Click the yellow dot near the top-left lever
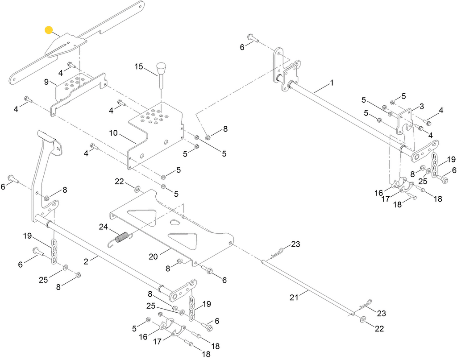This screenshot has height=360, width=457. point(49,30)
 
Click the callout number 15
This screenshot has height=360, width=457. point(139,66)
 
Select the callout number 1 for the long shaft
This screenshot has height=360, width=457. point(332,83)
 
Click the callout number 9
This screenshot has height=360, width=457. point(46,82)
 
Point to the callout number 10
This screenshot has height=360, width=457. point(114,132)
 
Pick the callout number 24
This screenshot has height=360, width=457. point(104,227)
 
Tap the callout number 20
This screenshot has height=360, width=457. point(153,257)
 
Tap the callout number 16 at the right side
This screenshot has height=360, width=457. point(379,193)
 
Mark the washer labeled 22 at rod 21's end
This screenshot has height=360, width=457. point(362,319)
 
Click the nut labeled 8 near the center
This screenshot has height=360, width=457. point(208,137)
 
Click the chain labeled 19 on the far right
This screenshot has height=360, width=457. point(434,165)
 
